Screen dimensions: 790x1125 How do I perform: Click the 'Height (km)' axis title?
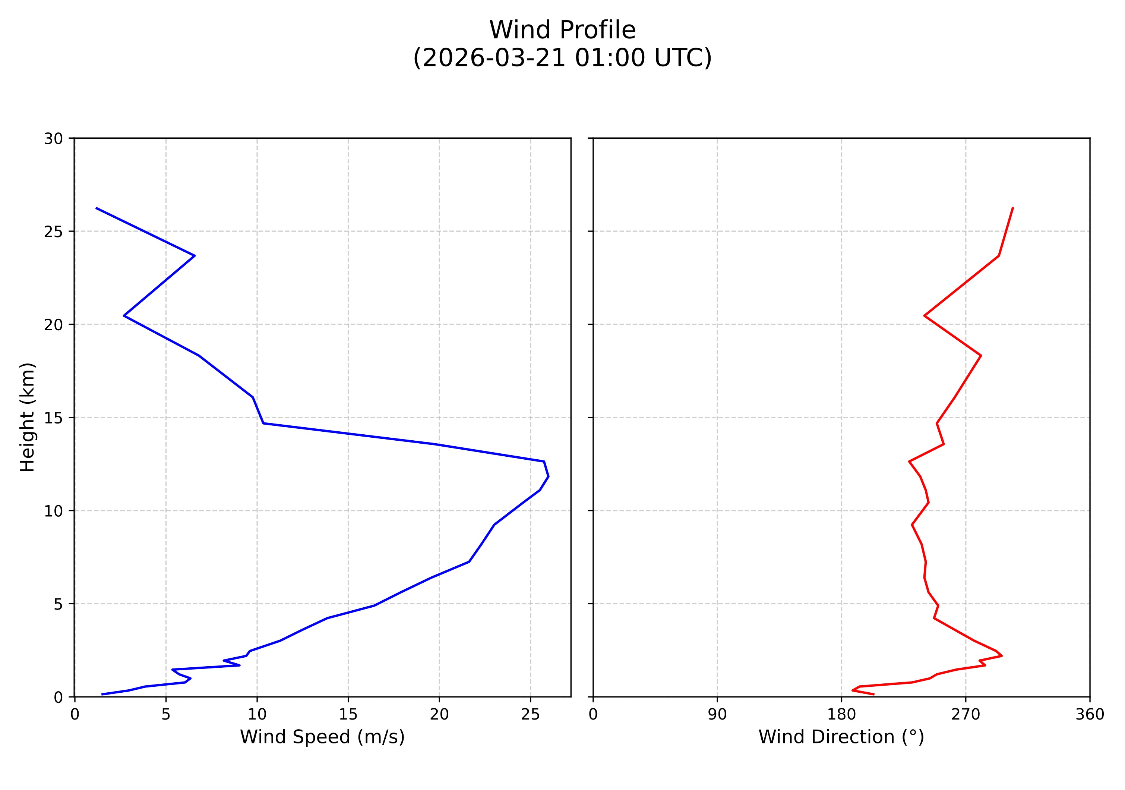pyautogui.click(x=28, y=417)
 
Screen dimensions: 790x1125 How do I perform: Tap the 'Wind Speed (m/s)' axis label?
pyautogui.click(x=322, y=737)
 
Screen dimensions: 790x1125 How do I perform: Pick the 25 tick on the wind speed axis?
pyautogui.click(x=530, y=715)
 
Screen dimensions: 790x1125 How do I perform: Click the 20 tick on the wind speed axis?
pyautogui.click(x=439, y=715)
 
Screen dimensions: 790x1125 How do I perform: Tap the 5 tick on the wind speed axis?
pyautogui.click(x=165, y=715)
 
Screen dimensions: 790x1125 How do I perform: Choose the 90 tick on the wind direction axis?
pyautogui.click(x=717, y=715)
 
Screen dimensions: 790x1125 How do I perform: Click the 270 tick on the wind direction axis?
pyautogui.click(x=966, y=715)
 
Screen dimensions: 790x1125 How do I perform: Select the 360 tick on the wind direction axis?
pyautogui.click(x=1090, y=715)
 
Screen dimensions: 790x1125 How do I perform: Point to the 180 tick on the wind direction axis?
pyautogui.click(x=841, y=715)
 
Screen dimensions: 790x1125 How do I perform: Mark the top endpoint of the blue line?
pyautogui.click(x=96, y=208)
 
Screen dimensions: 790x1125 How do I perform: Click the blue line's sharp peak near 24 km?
pyautogui.click(x=195, y=256)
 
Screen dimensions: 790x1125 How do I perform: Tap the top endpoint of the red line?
pyautogui.click(x=1013, y=208)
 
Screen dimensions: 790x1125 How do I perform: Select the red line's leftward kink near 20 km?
pyautogui.click(x=924, y=316)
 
